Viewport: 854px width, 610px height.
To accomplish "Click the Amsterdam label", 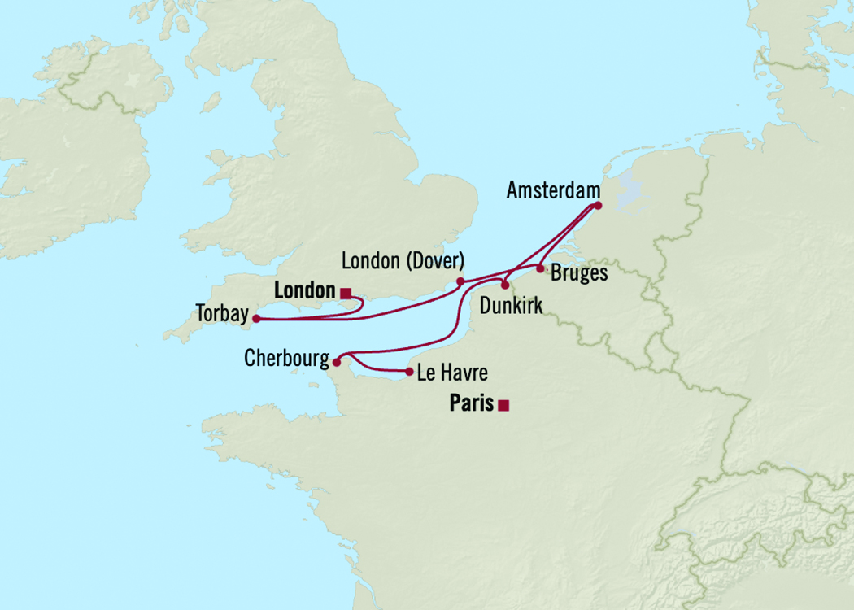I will click(552, 190).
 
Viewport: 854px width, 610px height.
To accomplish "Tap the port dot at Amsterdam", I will click(598, 206).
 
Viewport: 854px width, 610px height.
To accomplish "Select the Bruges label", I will click(579, 273).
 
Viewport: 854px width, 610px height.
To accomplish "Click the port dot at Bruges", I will click(540, 268).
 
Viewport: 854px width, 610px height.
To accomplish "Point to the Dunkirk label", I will click(512, 306).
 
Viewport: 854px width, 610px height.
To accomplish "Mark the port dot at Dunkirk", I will click(505, 285).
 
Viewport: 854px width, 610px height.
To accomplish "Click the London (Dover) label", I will click(403, 261).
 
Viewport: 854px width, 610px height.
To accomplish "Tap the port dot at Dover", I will click(460, 281).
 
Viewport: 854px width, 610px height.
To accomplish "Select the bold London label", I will click(305, 290).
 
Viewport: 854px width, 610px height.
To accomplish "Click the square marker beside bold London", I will click(346, 293).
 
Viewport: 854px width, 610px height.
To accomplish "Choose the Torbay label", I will click(222, 313).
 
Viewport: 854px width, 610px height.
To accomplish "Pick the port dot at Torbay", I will click(256, 319).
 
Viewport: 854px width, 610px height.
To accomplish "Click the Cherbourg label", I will click(286, 359).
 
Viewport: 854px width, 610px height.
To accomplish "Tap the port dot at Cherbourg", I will click(337, 363).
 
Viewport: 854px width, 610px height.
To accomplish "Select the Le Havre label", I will click(452, 374).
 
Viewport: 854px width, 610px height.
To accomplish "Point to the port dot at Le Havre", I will click(408, 373).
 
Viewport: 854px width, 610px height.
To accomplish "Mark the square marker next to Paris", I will click(503, 405).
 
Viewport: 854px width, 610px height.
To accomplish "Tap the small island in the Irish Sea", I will click(211, 102).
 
